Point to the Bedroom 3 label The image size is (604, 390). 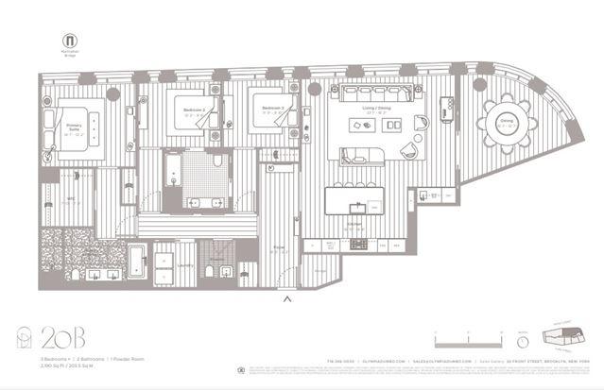(274, 110)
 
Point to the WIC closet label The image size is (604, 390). (69, 199)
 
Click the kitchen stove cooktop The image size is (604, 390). (359, 244)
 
